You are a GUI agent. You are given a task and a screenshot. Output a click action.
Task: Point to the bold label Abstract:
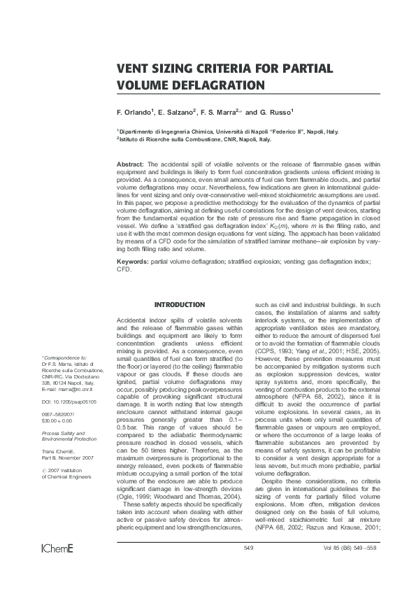click(x=130, y=163)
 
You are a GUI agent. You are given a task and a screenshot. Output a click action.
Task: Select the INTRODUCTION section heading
click(x=179, y=305)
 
